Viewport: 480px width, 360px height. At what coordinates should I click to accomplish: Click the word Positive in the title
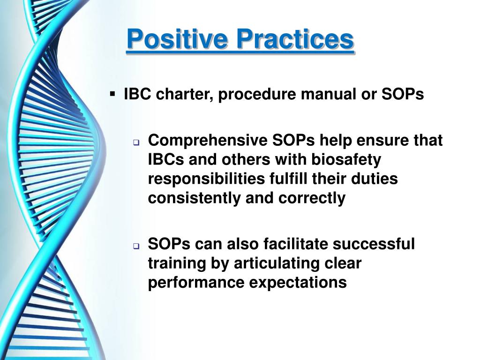177,39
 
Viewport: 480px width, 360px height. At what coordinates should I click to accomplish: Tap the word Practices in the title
295,39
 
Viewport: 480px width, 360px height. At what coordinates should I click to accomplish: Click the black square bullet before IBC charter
112,93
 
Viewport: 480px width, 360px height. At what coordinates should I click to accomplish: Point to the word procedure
257,94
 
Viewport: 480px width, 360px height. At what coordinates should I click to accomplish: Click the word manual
328,94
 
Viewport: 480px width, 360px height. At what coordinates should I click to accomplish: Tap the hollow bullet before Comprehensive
136,142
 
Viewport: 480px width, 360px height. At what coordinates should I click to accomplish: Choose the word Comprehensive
208,141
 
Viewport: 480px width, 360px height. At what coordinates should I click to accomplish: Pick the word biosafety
346,159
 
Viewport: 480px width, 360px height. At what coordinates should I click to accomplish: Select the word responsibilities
206,179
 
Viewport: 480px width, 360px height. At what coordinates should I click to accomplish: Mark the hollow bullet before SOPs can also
136,246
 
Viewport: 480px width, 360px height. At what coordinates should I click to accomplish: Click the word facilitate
295,244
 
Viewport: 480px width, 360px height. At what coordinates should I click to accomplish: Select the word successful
374,244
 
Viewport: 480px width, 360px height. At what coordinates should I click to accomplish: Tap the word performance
196,283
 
